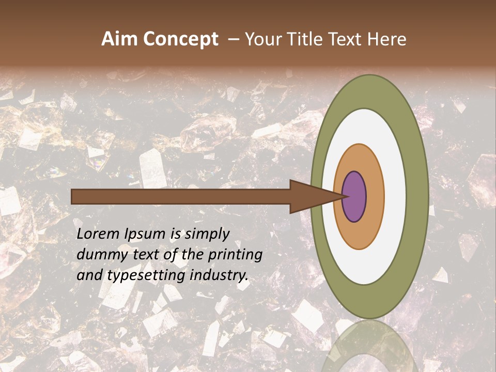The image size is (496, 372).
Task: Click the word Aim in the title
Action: [120, 39]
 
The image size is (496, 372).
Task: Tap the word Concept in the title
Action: [181, 40]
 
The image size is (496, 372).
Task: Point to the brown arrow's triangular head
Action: [310, 197]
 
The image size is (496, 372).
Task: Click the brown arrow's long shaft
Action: [181, 197]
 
